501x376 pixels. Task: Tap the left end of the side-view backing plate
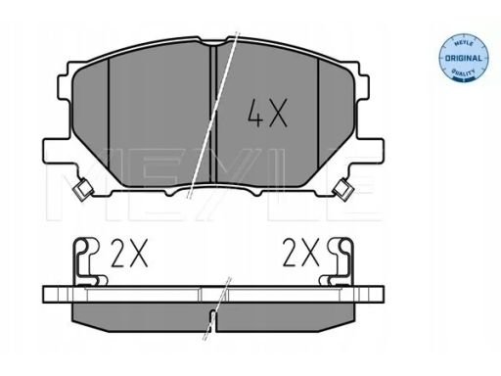49,293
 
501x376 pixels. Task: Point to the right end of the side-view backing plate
384,293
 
